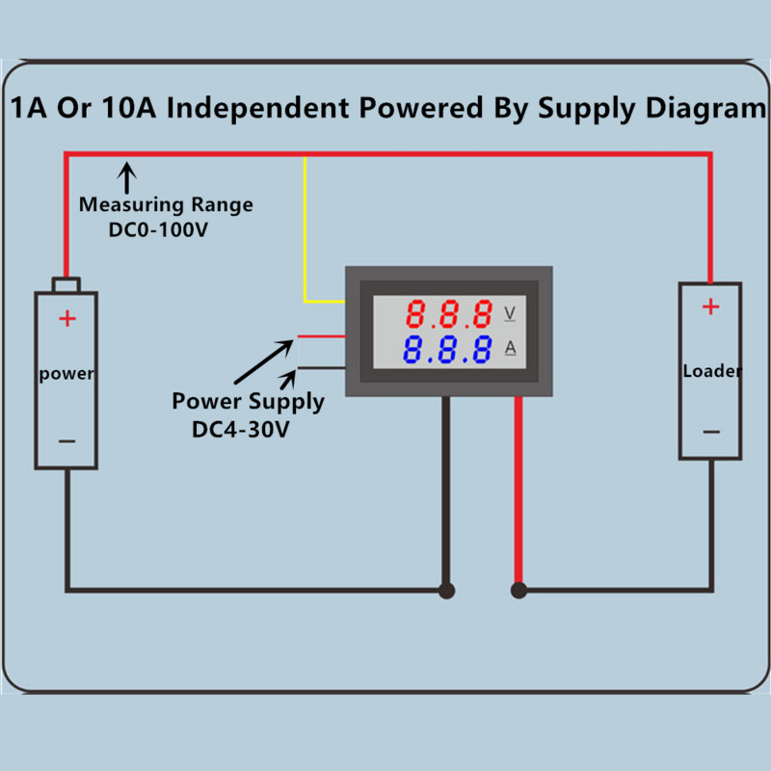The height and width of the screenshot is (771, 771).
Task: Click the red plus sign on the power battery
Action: point(66,319)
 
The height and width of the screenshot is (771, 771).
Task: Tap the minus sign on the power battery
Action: point(66,441)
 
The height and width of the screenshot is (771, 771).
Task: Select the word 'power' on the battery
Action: point(66,374)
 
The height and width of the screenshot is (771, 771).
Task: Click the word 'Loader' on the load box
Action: point(711,371)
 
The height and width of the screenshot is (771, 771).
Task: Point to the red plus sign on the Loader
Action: point(710,307)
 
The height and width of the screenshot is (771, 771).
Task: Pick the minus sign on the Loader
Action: point(710,432)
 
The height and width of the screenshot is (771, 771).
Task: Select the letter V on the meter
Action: point(510,314)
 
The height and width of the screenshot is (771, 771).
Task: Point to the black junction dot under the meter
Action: point(446,590)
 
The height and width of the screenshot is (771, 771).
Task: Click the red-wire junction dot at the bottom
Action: point(518,590)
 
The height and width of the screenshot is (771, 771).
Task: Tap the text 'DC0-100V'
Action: point(160,230)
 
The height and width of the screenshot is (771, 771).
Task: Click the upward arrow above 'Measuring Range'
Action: point(126,177)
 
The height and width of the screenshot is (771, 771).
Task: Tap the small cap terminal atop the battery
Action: point(66,285)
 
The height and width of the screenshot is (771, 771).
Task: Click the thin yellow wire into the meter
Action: point(306,231)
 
